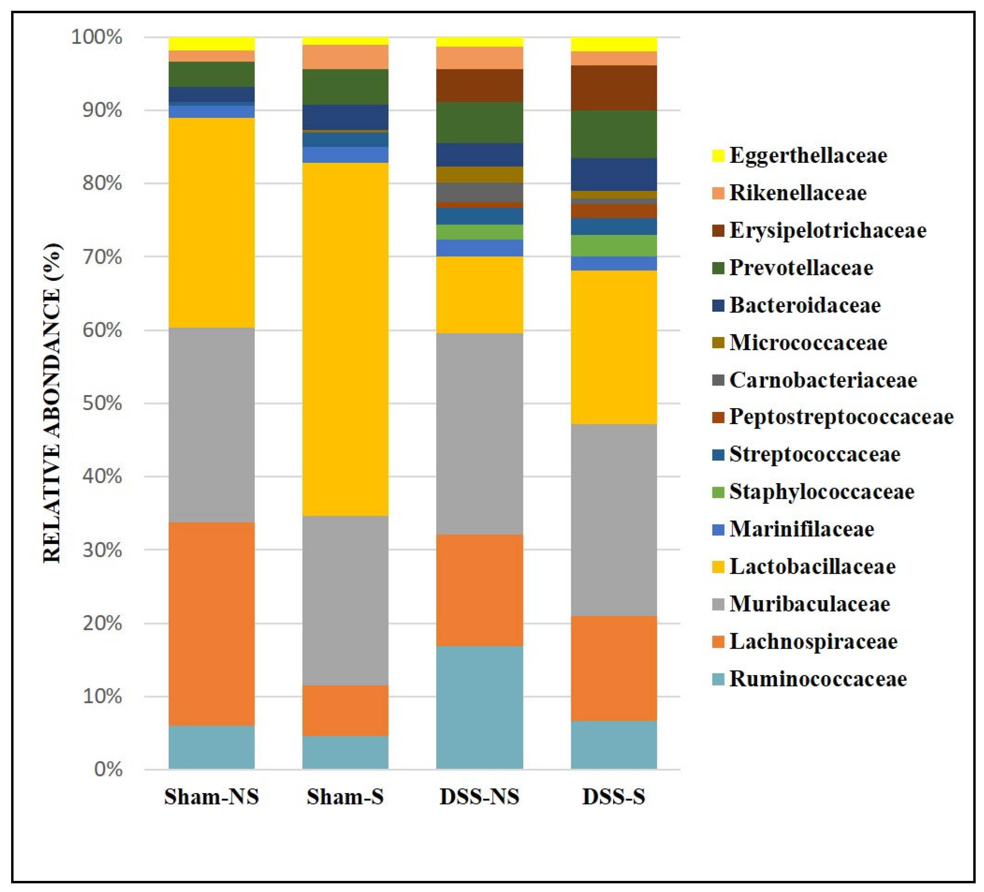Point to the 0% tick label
pyautogui.click(x=108, y=769)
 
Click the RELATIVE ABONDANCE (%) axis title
pyautogui.click(x=53, y=403)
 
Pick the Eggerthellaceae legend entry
pyautogui.click(x=808, y=156)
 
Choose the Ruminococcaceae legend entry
pyautogui.click(x=818, y=679)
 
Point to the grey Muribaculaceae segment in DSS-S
pyautogui.click(x=614, y=520)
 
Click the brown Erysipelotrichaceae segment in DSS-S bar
pyautogui.click(x=614, y=88)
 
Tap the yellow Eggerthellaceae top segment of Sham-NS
pyautogui.click(x=211, y=43)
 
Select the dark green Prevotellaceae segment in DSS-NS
pyautogui.click(x=479, y=122)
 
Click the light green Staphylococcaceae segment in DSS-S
pyautogui.click(x=614, y=246)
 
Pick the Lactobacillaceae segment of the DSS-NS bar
pyautogui.click(x=479, y=295)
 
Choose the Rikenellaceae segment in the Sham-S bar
pyautogui.click(x=345, y=57)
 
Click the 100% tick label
pyautogui.click(x=97, y=37)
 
